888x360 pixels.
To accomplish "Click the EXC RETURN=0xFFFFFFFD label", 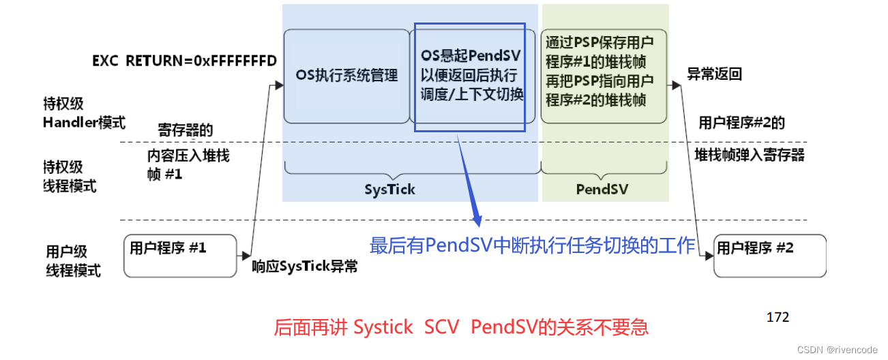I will coord(184,61).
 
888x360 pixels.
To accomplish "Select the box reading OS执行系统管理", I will coord(346,76).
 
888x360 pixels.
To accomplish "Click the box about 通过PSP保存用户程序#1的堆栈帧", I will coord(604,76).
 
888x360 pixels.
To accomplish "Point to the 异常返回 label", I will coord(714,74).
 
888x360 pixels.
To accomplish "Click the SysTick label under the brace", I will coord(390,189).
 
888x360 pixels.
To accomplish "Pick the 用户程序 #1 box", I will coord(179,255).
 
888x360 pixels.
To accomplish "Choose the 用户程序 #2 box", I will coord(769,256).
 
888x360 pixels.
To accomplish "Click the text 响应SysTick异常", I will coord(305,267).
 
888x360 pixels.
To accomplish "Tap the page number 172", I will coord(778,317).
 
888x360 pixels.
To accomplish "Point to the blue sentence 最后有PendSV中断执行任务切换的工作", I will coord(532,245).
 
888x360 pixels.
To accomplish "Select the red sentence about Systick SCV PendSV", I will coord(461,327).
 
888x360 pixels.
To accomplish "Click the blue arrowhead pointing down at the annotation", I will coord(477,220).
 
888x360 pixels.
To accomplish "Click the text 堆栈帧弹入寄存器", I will coord(750,155).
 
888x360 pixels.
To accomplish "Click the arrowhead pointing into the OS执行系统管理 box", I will coord(278,85).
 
